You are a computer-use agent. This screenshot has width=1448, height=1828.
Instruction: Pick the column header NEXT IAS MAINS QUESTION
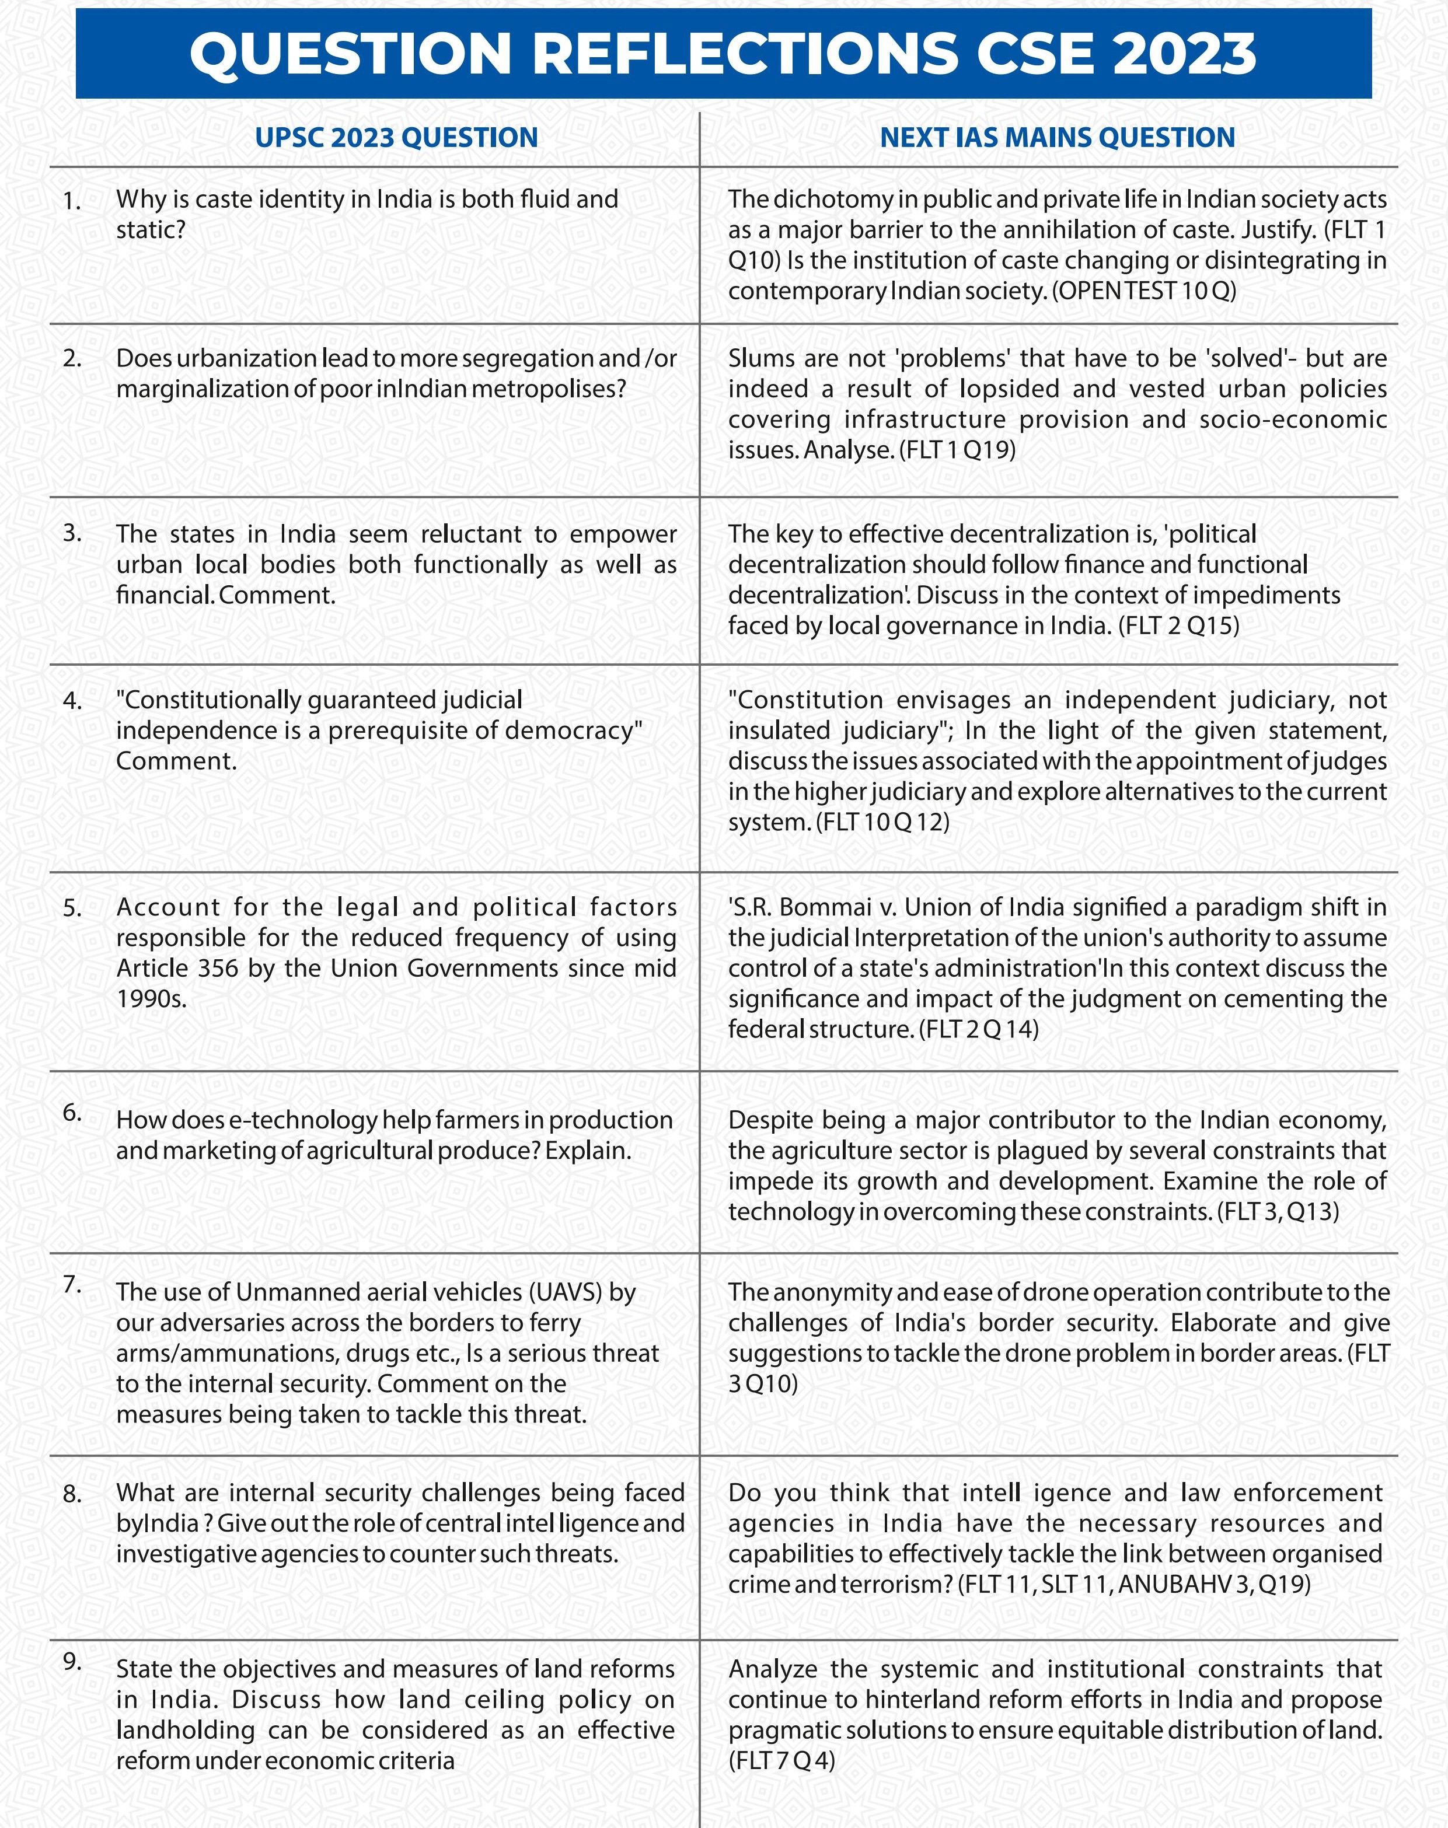[1056, 137]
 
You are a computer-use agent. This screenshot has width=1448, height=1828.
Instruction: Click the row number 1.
[72, 202]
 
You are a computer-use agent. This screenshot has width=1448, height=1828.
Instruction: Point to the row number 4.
[72, 702]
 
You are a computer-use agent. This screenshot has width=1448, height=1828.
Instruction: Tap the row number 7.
[72, 1285]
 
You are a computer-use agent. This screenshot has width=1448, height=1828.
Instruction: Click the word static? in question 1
[150, 230]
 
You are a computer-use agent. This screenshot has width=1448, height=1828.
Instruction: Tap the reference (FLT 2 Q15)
[1178, 625]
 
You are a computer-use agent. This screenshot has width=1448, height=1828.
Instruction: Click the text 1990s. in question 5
[151, 998]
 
